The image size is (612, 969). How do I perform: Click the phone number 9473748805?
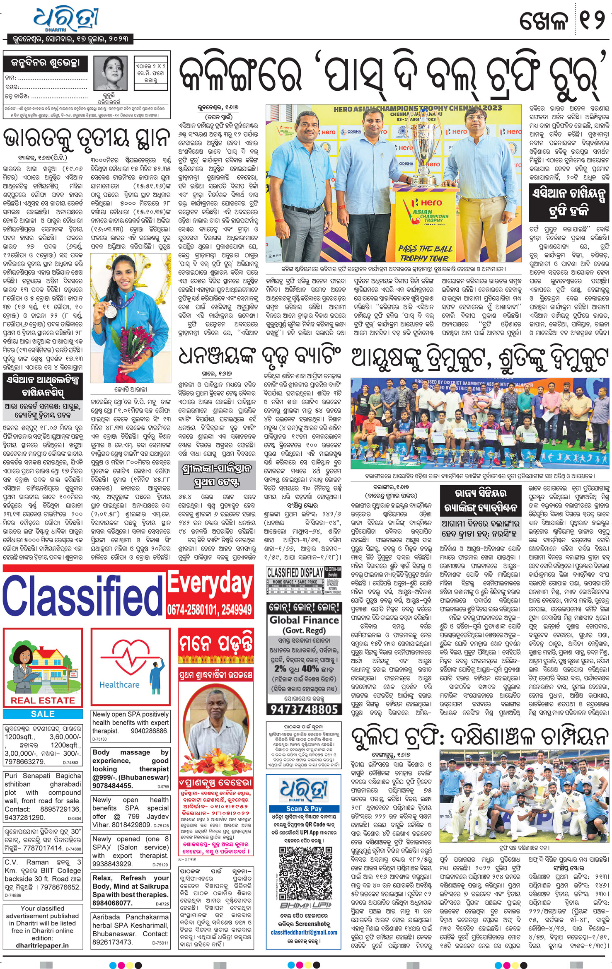click(304, 709)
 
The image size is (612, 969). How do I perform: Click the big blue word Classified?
click(83, 595)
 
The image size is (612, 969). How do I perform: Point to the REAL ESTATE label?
click(43, 700)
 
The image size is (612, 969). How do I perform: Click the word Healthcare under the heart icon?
click(119, 685)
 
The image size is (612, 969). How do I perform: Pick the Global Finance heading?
click(304, 621)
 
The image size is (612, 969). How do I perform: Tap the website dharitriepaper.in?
click(42, 945)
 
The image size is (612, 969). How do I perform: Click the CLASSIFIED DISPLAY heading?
click(295, 573)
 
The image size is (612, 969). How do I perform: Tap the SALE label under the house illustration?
click(43, 713)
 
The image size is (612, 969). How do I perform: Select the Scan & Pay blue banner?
click(304, 808)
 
